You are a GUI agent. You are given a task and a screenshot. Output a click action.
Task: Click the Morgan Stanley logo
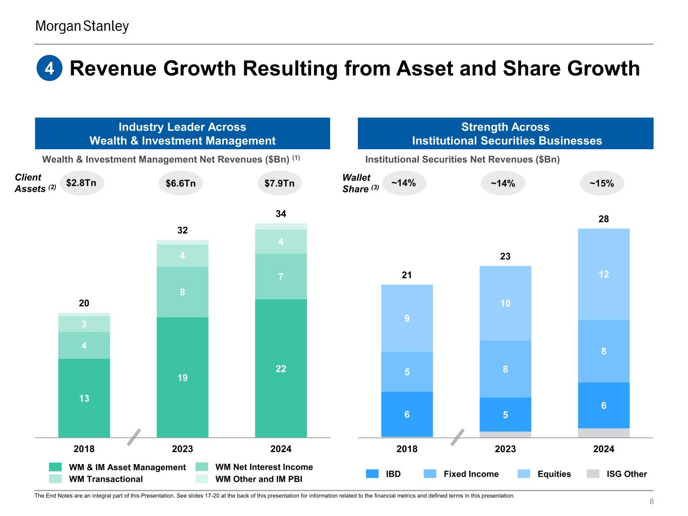pyautogui.click(x=82, y=26)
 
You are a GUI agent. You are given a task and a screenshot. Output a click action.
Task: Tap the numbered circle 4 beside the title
pyautogui.click(x=49, y=69)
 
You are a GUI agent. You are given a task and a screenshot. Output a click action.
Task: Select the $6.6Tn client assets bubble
pyautogui.click(x=180, y=183)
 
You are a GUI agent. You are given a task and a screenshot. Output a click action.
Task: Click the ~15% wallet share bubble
pyautogui.click(x=601, y=183)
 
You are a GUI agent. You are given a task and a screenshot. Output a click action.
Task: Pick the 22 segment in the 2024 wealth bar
pyautogui.click(x=281, y=368)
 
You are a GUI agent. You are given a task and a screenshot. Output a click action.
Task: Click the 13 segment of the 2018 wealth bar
pyautogui.click(x=84, y=398)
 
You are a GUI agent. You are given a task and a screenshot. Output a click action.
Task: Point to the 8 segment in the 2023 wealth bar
pyautogui.click(x=182, y=291)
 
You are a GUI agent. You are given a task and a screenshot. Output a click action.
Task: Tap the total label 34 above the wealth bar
pyautogui.click(x=281, y=214)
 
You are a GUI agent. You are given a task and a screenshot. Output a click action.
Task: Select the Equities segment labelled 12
pyautogui.click(x=604, y=274)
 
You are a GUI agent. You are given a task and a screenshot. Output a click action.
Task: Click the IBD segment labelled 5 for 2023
pyautogui.click(x=505, y=415)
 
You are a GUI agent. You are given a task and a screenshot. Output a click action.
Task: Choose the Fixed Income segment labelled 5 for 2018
pyautogui.click(x=407, y=372)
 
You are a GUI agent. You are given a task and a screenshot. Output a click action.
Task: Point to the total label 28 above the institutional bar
pyautogui.click(x=604, y=219)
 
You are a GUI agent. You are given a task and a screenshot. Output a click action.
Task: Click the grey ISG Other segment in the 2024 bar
pyautogui.click(x=604, y=433)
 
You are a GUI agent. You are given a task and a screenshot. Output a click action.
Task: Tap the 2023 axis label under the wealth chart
pyautogui.click(x=182, y=449)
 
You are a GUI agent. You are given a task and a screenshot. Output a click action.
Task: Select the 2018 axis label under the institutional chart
pyautogui.click(x=407, y=449)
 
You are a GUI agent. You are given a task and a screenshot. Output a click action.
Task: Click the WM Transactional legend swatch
pyautogui.click(x=55, y=479)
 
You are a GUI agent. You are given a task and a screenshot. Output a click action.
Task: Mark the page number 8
pyautogui.click(x=651, y=501)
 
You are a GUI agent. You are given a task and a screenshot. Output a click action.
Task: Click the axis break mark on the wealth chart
pyautogui.click(x=134, y=437)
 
